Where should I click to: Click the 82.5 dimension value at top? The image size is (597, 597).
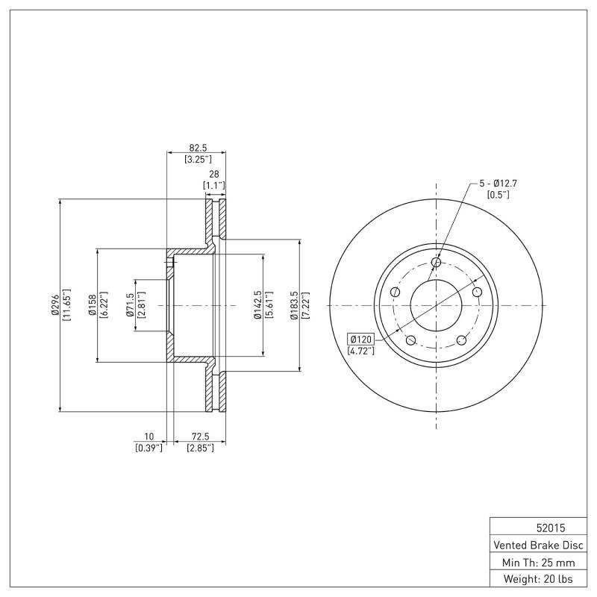(197, 148)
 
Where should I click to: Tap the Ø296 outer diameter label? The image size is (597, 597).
(55, 304)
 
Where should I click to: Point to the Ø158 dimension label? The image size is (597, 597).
(93, 304)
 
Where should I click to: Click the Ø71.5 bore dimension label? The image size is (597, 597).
(131, 304)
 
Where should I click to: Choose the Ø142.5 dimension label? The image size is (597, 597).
(257, 304)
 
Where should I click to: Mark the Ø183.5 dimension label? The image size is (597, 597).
(295, 304)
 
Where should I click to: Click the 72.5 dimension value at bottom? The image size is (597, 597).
(200, 436)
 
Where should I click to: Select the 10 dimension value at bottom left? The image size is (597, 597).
(149, 436)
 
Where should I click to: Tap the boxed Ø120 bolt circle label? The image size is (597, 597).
(360, 340)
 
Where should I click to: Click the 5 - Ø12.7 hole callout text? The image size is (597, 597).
(497, 183)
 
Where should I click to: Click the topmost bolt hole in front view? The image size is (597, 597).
(437, 262)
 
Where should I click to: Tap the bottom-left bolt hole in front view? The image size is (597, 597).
(410, 340)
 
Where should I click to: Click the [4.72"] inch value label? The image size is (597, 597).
(360, 350)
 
